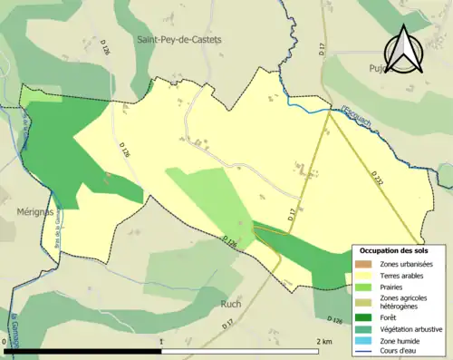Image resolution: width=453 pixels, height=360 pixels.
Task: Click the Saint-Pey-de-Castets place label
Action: click(x=178, y=40)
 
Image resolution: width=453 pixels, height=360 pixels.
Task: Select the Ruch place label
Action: click(x=230, y=304)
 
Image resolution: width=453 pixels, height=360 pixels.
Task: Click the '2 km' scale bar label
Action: click(x=323, y=341)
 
